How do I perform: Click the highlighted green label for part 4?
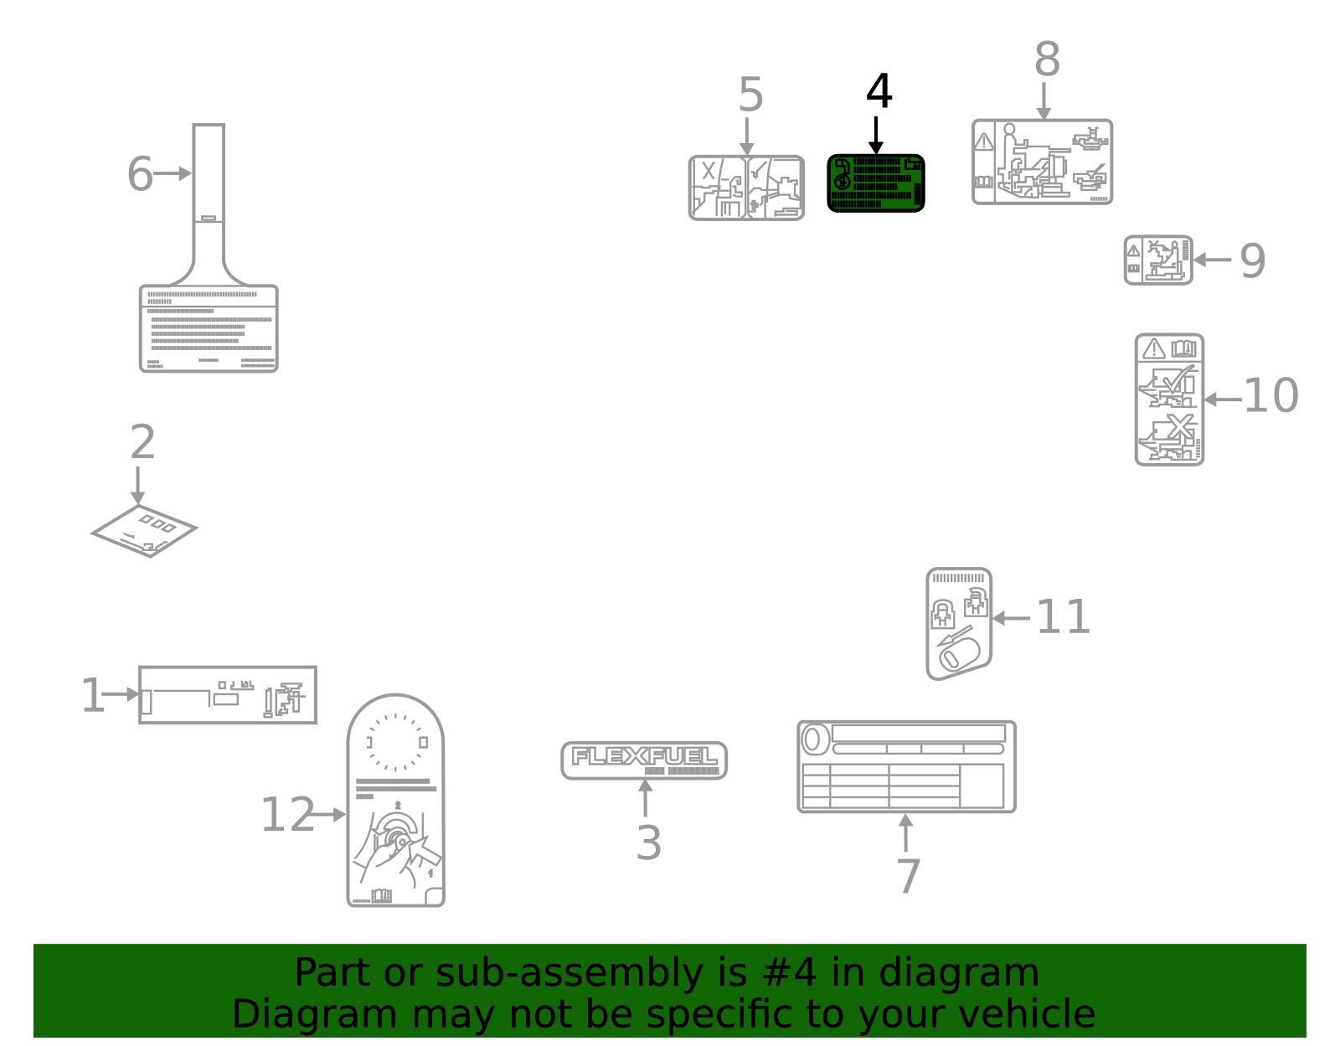tap(876, 183)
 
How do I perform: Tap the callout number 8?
tap(1047, 60)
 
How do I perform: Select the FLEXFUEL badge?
tap(644, 760)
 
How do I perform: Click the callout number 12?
tap(287, 815)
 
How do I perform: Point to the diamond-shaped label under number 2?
tap(144, 530)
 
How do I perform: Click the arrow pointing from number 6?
tap(173, 173)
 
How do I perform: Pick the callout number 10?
tap(1270, 396)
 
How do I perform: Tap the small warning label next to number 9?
tap(1158, 260)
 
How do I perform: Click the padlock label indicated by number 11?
tap(959, 624)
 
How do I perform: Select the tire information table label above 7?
tap(906, 767)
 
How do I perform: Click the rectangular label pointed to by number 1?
tap(228, 694)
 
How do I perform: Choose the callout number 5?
tap(750, 95)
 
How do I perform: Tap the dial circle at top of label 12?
tap(396, 742)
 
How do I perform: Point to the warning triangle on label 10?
tap(1154, 348)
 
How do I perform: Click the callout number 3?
tap(648, 842)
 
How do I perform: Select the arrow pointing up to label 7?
tap(905, 832)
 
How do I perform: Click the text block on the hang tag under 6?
tap(209, 331)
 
